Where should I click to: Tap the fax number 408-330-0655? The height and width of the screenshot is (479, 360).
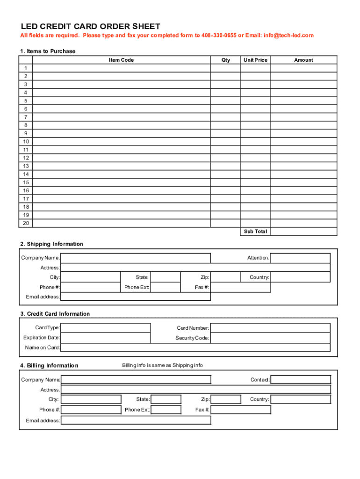click(219, 36)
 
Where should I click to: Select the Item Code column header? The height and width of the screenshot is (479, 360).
click(122, 60)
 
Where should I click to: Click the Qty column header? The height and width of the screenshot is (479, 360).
click(226, 60)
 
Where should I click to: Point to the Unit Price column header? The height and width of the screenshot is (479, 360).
click(255, 60)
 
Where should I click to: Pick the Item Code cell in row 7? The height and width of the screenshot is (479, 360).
click(122, 117)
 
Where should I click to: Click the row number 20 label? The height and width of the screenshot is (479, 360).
click(26, 223)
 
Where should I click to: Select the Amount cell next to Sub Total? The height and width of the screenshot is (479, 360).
click(303, 232)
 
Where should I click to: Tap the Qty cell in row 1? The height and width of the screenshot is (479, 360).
click(225, 68)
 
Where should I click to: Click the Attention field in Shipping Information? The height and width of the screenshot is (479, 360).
click(300, 258)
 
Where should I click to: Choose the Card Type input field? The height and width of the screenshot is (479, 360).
click(106, 328)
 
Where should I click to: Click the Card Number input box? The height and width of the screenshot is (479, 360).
click(270, 328)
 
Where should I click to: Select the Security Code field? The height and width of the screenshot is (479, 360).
click(270, 338)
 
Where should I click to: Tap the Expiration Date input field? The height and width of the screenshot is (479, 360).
click(106, 338)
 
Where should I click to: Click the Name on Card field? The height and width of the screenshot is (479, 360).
click(195, 348)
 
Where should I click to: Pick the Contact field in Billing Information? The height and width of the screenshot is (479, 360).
click(301, 379)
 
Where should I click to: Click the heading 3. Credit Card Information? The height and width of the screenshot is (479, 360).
click(55, 314)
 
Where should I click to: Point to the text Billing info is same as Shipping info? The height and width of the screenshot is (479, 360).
click(162, 365)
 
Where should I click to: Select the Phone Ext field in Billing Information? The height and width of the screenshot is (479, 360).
click(166, 410)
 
